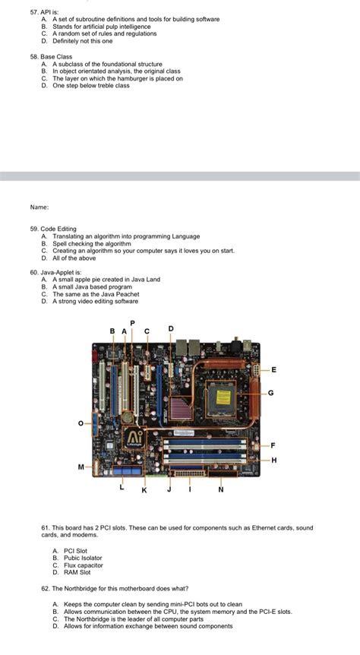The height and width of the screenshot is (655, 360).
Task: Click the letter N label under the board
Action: click(221, 489)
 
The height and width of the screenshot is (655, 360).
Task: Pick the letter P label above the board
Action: click(133, 323)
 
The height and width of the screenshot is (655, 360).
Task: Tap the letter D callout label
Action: click(170, 328)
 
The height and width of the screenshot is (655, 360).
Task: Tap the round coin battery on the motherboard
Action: click(127, 416)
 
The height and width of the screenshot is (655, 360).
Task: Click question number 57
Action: click(34, 12)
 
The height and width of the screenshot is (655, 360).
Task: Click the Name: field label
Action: click(39, 207)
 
